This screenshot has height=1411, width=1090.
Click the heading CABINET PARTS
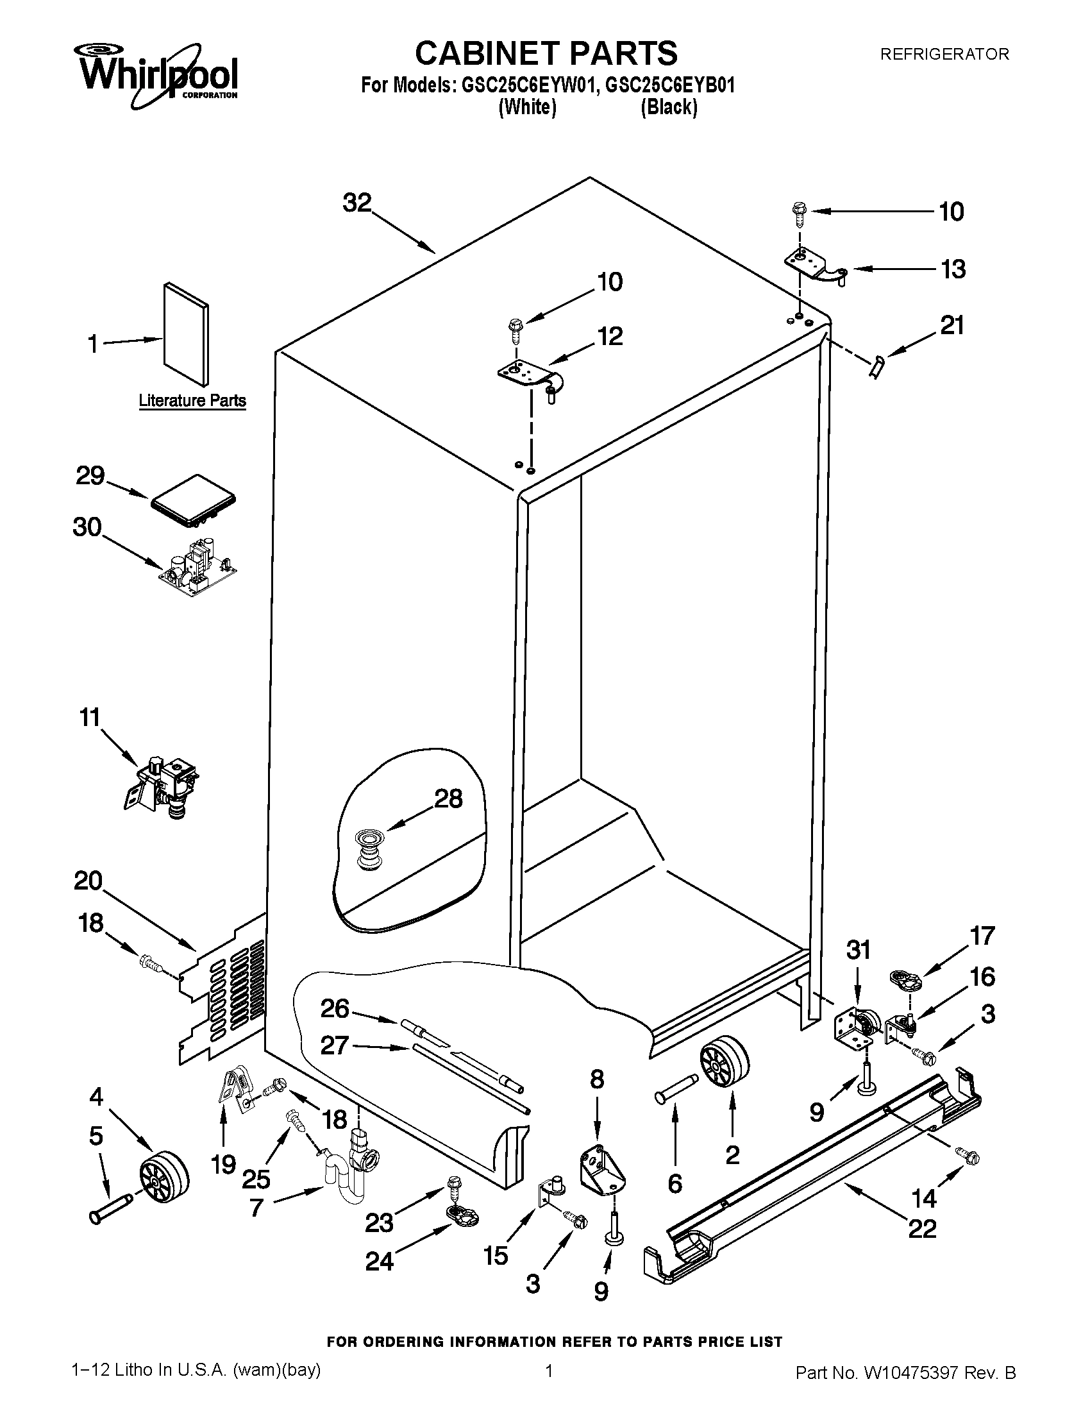tap(546, 53)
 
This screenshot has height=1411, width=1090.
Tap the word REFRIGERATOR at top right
tap(944, 55)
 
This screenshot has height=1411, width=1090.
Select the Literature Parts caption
tap(192, 401)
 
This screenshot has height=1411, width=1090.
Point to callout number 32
tap(357, 203)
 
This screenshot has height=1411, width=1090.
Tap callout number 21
tap(951, 325)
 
